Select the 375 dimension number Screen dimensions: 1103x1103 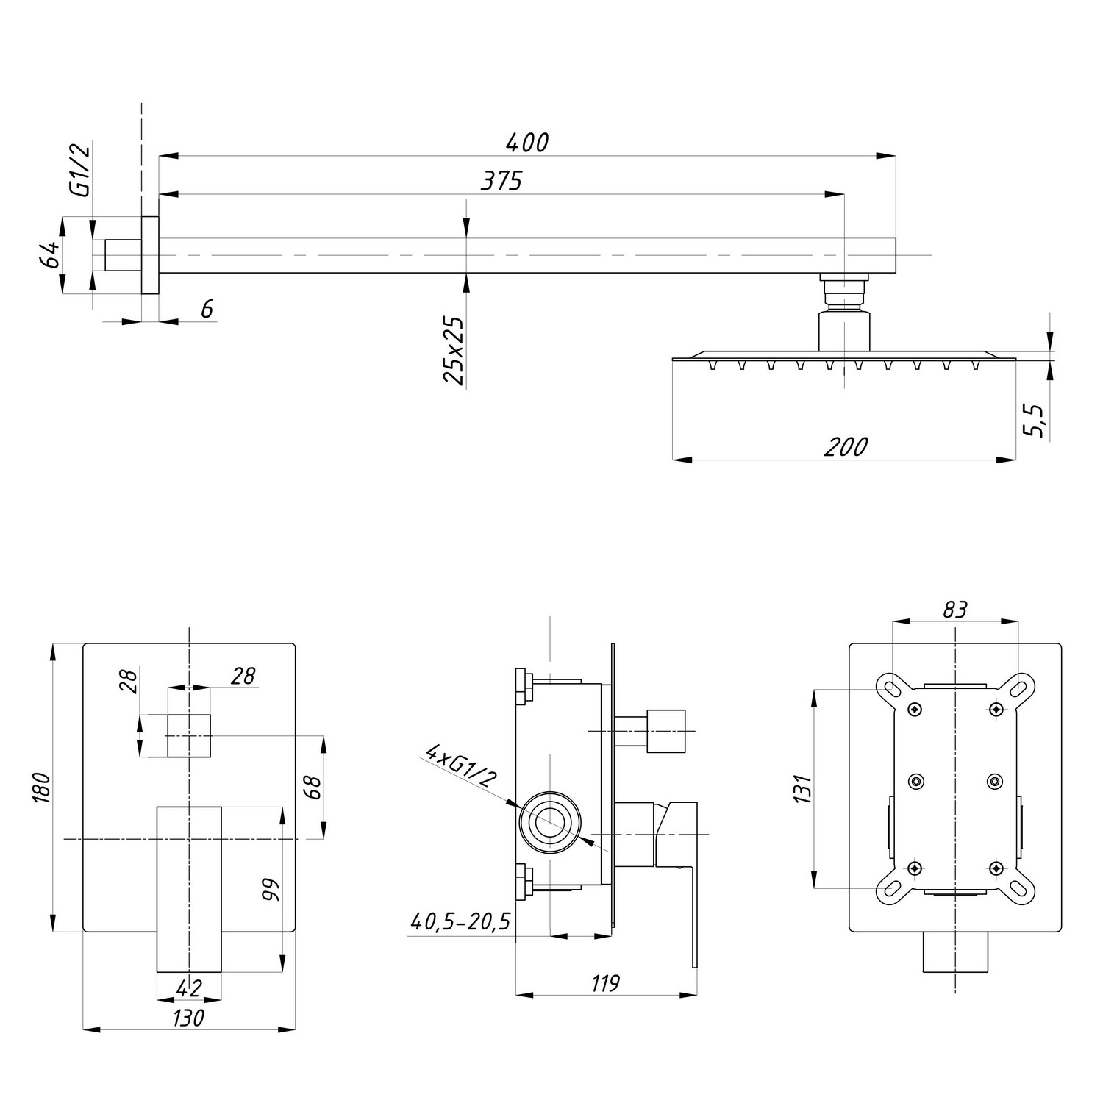(x=501, y=180)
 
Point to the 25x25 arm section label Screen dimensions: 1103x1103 (x=454, y=351)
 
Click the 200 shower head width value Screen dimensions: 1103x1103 (x=846, y=446)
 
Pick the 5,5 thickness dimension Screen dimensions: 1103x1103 (x=1038, y=421)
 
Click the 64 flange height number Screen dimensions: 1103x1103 (x=49, y=255)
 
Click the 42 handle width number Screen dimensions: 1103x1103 (x=189, y=988)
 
